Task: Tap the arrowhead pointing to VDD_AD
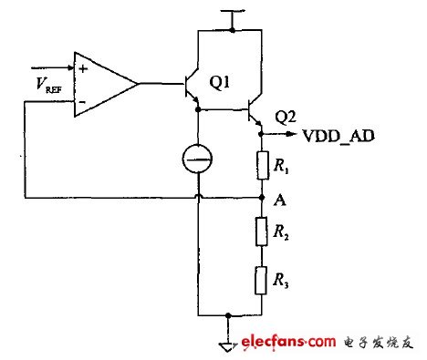coord(297,136)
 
